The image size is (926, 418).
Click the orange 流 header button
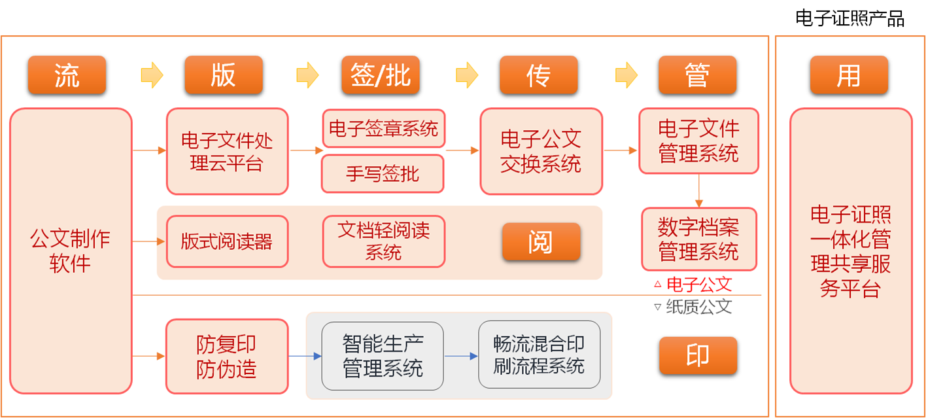(67, 75)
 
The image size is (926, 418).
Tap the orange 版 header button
(223, 75)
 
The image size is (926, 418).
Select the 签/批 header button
(380, 75)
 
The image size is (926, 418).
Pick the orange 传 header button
(538, 75)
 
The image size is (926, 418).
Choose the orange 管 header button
(697, 75)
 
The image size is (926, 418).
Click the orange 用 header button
(848, 75)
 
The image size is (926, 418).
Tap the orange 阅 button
(541, 242)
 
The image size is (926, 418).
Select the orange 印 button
(698, 356)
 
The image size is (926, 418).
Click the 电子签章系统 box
(383, 128)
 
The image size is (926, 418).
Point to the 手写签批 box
(383, 173)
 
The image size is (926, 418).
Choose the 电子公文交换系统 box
(541, 151)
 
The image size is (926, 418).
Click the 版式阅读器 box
(227, 241)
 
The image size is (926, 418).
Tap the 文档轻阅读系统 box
(383, 241)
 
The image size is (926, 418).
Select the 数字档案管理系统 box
(698, 239)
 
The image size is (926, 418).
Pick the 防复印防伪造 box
(227, 357)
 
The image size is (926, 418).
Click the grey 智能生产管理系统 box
(383, 356)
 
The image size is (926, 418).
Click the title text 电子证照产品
(849, 18)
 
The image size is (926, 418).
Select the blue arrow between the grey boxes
(461, 357)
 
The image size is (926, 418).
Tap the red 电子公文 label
(698, 284)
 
